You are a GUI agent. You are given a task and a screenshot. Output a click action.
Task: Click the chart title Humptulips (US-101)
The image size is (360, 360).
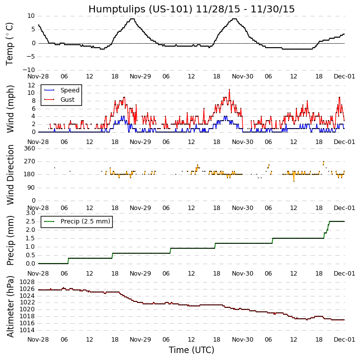[191, 9]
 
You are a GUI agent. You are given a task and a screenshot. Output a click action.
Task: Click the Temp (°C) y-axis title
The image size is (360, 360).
[10, 44]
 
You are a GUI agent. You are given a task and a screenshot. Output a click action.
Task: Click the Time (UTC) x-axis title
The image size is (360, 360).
[191, 350]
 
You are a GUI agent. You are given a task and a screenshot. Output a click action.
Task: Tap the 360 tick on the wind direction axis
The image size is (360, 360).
[29, 148]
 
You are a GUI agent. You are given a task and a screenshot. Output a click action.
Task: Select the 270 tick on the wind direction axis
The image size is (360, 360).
[29, 161]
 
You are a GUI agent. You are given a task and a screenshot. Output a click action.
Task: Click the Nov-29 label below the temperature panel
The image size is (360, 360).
[140, 76]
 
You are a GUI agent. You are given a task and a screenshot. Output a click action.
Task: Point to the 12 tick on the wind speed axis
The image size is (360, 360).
[31, 85]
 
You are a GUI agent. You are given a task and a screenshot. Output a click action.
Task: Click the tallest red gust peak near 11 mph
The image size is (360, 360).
[229, 89]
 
